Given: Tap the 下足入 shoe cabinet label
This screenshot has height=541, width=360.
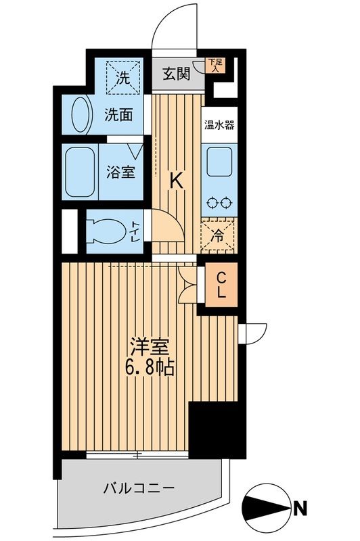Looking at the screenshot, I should [x=214, y=65].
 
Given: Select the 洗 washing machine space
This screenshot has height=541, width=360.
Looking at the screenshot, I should [x=122, y=77].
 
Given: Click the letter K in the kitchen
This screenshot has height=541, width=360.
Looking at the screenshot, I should [x=175, y=181].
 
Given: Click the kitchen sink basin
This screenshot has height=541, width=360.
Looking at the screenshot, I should [x=219, y=162].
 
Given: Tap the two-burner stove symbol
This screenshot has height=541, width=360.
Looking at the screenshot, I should [x=219, y=202].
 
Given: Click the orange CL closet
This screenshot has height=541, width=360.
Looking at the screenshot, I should [x=221, y=285].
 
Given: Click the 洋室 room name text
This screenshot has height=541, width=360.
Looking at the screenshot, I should [x=151, y=346].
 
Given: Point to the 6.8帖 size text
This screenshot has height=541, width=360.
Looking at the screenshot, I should [x=151, y=368].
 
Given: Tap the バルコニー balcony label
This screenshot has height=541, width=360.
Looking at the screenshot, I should [x=139, y=487].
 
